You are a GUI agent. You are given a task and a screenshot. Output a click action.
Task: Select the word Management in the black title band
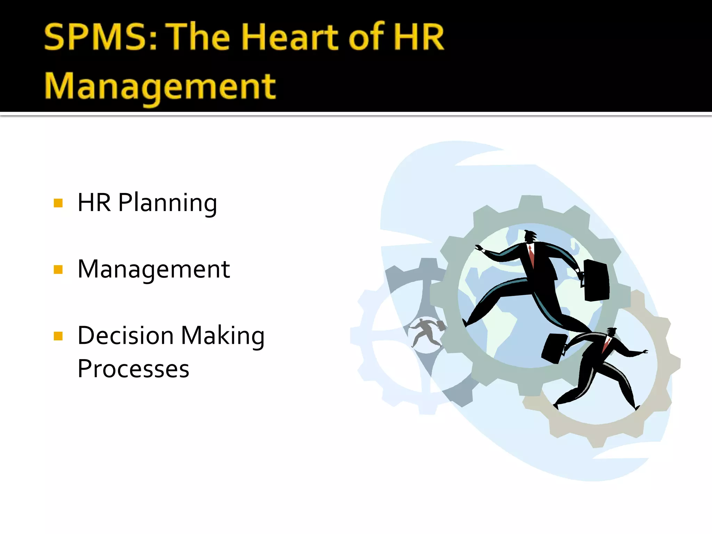click(x=160, y=86)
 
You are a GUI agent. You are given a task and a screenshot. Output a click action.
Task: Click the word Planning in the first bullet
click(x=168, y=202)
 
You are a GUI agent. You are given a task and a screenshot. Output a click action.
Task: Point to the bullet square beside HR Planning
click(x=58, y=203)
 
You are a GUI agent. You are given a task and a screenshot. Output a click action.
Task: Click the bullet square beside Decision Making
click(x=58, y=336)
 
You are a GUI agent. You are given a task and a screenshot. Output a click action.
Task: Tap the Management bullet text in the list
click(x=154, y=269)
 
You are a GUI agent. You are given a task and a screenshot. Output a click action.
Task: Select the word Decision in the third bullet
click(x=126, y=335)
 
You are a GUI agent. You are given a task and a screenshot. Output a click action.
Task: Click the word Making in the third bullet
click(x=223, y=336)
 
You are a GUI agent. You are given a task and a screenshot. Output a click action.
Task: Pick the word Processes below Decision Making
click(x=133, y=369)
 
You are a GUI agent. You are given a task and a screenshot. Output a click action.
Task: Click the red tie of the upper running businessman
click(x=531, y=256)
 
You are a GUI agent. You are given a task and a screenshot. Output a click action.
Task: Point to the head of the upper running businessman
click(x=530, y=237)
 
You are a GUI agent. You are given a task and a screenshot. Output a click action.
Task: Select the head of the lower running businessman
click(x=610, y=332)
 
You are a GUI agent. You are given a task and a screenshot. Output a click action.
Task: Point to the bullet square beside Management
click(x=58, y=269)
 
